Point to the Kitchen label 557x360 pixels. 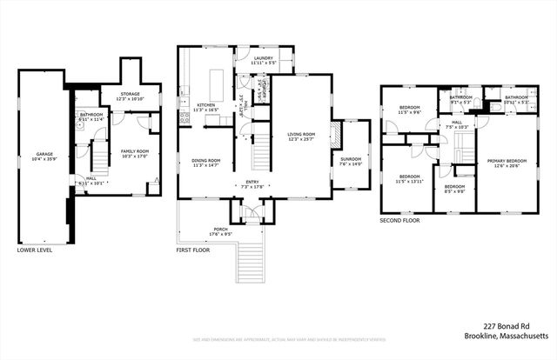205,106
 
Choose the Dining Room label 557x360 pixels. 206,162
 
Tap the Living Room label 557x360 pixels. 301,136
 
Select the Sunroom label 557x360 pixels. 351,160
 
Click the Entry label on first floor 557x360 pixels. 251,184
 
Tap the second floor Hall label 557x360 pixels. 457,124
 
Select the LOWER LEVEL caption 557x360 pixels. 35,250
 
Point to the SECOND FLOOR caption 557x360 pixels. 399,221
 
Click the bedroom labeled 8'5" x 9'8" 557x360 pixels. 454,190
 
